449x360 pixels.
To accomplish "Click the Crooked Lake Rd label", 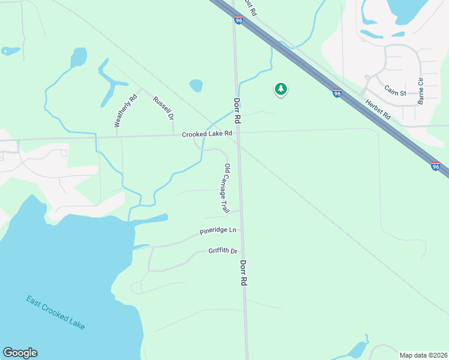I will (207, 134).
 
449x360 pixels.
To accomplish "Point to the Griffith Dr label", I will (223, 251).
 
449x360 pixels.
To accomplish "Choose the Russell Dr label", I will (163, 107).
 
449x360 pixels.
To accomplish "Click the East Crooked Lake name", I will (55, 312).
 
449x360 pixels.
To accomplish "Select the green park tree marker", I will (280, 89).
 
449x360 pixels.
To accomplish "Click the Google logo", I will (20, 353).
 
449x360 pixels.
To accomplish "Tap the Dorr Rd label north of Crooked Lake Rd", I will (237, 111).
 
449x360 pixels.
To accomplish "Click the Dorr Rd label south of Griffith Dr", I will (244, 273).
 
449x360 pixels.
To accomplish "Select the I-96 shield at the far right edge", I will (436, 167).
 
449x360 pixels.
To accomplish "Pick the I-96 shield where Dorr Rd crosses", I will (238, 20).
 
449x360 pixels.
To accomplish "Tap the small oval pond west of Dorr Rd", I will (196, 85).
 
